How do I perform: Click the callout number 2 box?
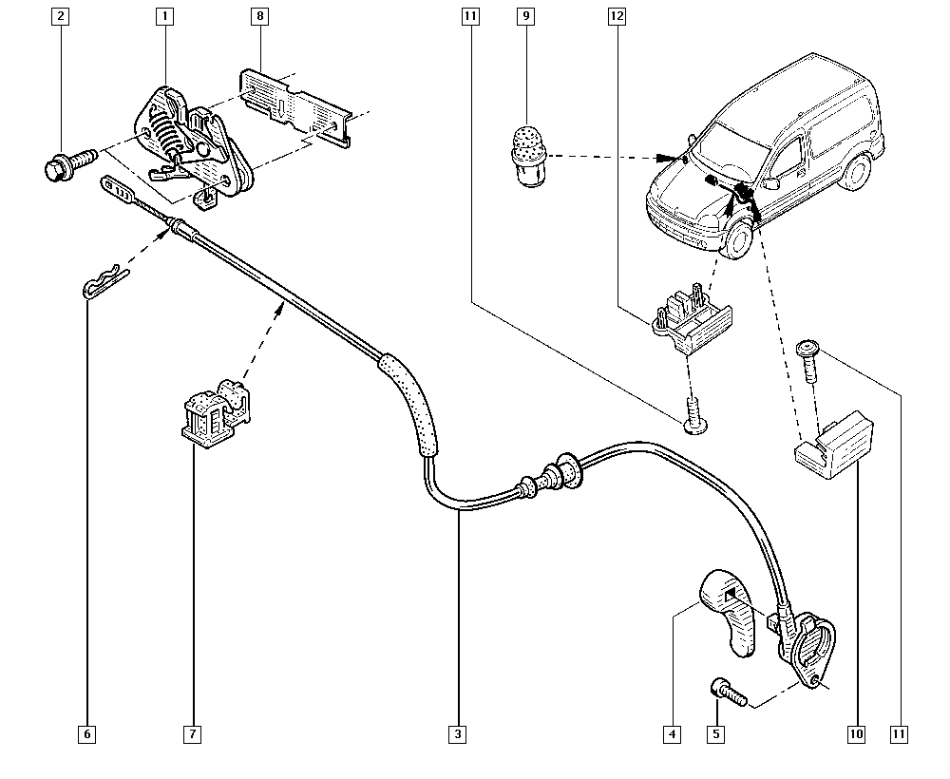pos(62,16)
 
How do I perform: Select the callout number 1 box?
pos(164,16)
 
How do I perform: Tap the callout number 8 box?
pos(258,16)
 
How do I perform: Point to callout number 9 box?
pos(524,16)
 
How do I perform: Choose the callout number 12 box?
pos(617,16)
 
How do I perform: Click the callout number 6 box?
pos(87,733)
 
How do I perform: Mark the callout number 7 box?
pos(193,733)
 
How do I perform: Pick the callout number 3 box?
pos(458,733)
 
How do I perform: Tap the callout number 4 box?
pos(673,733)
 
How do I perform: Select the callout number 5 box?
pos(718,733)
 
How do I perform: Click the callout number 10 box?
pos(857,733)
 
